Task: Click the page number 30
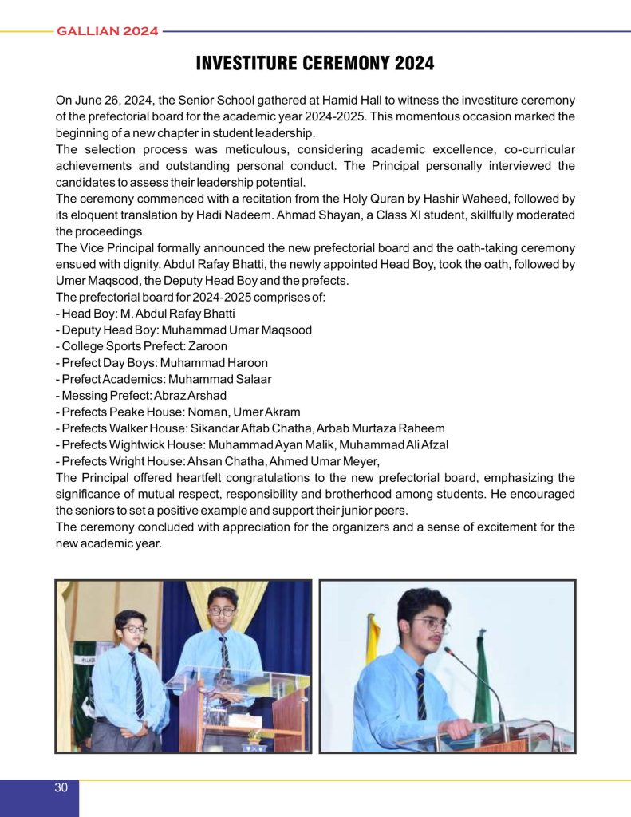coord(61,788)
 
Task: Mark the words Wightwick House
coord(151,444)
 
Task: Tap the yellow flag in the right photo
coord(372,639)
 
